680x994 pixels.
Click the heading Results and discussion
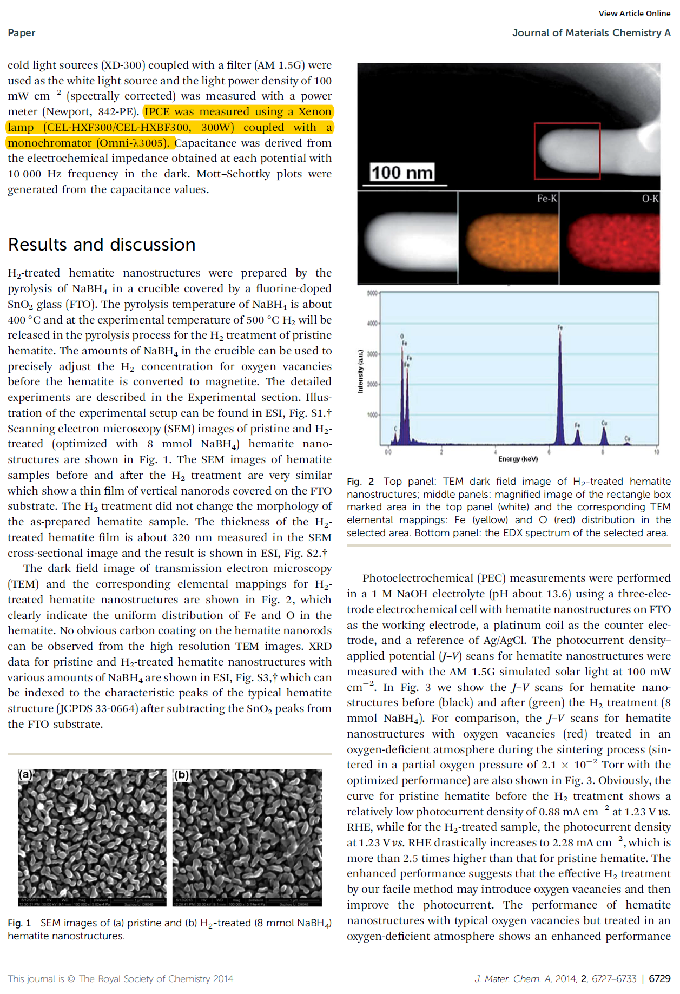(102, 245)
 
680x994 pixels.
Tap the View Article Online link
(634, 14)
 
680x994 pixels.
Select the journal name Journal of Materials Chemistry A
(591, 33)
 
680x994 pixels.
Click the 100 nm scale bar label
(402, 173)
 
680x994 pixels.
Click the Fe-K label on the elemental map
(546, 199)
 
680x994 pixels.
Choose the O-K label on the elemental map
(650, 199)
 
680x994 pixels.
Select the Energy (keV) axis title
(518, 459)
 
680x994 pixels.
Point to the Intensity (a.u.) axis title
(360, 371)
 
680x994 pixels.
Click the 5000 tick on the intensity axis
(372, 293)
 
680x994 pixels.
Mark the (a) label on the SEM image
(25, 774)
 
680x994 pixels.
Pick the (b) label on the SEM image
(181, 775)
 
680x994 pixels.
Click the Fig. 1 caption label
(19, 923)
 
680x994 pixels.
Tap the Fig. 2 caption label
(360, 482)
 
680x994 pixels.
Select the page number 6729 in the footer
(659, 978)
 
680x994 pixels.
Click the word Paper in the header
(22, 33)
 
